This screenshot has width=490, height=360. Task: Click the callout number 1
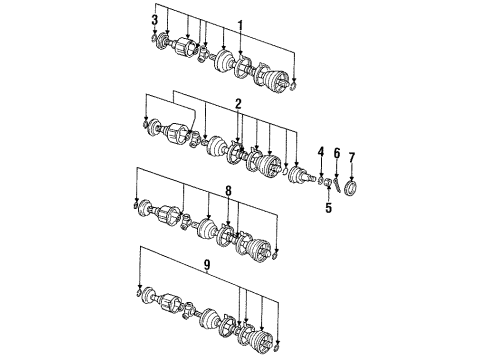(x=240, y=26)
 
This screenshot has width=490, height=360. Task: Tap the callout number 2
(x=238, y=105)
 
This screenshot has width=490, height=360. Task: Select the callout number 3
(x=155, y=20)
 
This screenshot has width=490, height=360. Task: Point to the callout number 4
(x=321, y=152)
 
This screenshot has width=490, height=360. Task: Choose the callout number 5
(x=329, y=208)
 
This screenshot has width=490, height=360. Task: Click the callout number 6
(x=337, y=154)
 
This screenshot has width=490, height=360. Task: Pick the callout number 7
(x=352, y=157)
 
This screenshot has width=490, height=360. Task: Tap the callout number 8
(x=228, y=191)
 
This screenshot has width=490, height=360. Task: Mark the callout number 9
(x=207, y=265)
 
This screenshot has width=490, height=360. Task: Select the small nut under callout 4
(x=321, y=181)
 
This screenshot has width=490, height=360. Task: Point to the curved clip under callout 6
(x=337, y=185)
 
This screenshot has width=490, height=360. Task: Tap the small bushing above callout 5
(x=328, y=183)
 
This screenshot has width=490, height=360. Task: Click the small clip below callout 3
(x=154, y=37)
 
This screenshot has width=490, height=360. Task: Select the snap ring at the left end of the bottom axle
(x=139, y=292)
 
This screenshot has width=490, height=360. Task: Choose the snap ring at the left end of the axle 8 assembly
(x=136, y=204)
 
